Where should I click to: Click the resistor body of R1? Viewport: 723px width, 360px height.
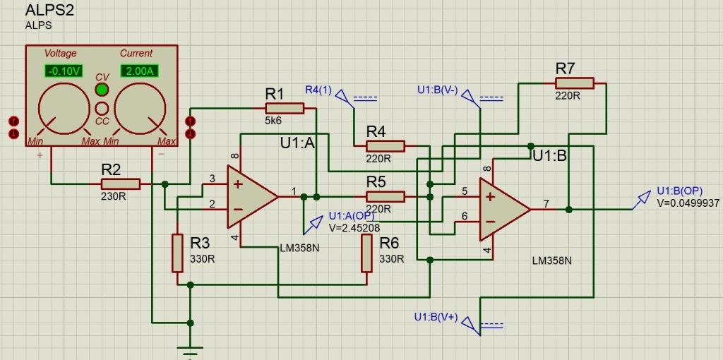point(285,108)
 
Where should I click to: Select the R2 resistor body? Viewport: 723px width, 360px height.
point(120,184)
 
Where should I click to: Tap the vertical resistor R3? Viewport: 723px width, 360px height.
point(177,253)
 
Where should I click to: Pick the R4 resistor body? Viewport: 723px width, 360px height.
point(386,146)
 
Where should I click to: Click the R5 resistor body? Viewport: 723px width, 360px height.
point(386,197)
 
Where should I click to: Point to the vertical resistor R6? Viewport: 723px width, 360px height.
point(366,253)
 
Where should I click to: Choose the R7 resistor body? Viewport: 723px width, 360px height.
point(575,83)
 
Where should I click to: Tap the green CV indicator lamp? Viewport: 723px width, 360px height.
point(102,89)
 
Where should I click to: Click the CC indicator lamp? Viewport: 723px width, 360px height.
point(102,108)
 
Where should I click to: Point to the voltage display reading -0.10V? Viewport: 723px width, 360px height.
point(64,71)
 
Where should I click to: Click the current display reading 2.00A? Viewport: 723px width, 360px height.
point(139,71)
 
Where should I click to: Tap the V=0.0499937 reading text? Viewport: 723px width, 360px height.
point(688,203)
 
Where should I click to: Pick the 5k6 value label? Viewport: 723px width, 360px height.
point(273,121)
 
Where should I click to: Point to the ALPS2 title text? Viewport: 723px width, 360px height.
point(50,10)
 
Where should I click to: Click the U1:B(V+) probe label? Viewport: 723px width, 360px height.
point(436,317)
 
